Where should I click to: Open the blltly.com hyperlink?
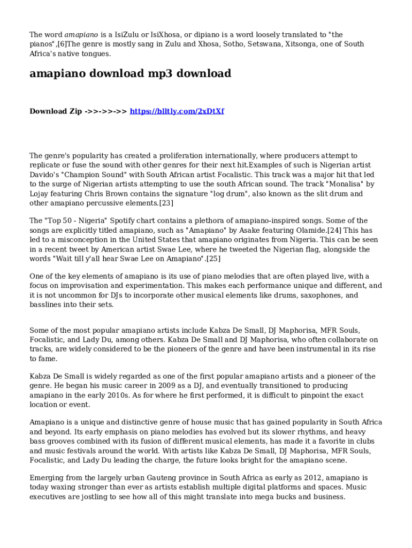pyautogui.click(x=177, y=111)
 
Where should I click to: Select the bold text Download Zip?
pyautogui.click(x=56, y=111)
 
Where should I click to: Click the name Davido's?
pyautogui.click(x=44, y=175)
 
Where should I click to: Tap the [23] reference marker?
pyautogui.click(x=166, y=203)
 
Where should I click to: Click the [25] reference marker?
pyautogui.click(x=213, y=259)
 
